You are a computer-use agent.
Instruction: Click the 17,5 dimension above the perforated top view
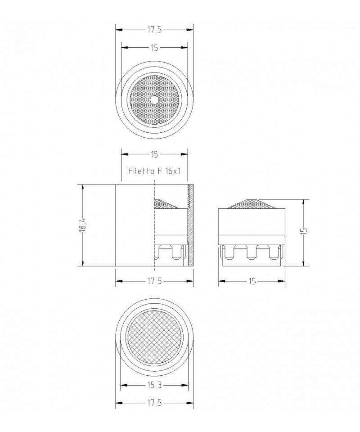(x=154, y=30)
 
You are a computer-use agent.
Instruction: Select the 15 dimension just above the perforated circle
(x=154, y=48)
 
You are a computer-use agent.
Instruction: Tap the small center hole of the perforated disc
(x=154, y=100)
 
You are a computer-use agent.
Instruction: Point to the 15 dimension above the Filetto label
(x=154, y=154)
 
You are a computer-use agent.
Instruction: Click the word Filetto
(x=141, y=171)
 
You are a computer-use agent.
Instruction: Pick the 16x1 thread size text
(x=173, y=171)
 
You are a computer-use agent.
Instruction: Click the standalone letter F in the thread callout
(x=159, y=171)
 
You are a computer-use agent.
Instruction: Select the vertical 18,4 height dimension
(x=83, y=225)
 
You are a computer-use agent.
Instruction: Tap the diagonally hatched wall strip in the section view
(x=191, y=225)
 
